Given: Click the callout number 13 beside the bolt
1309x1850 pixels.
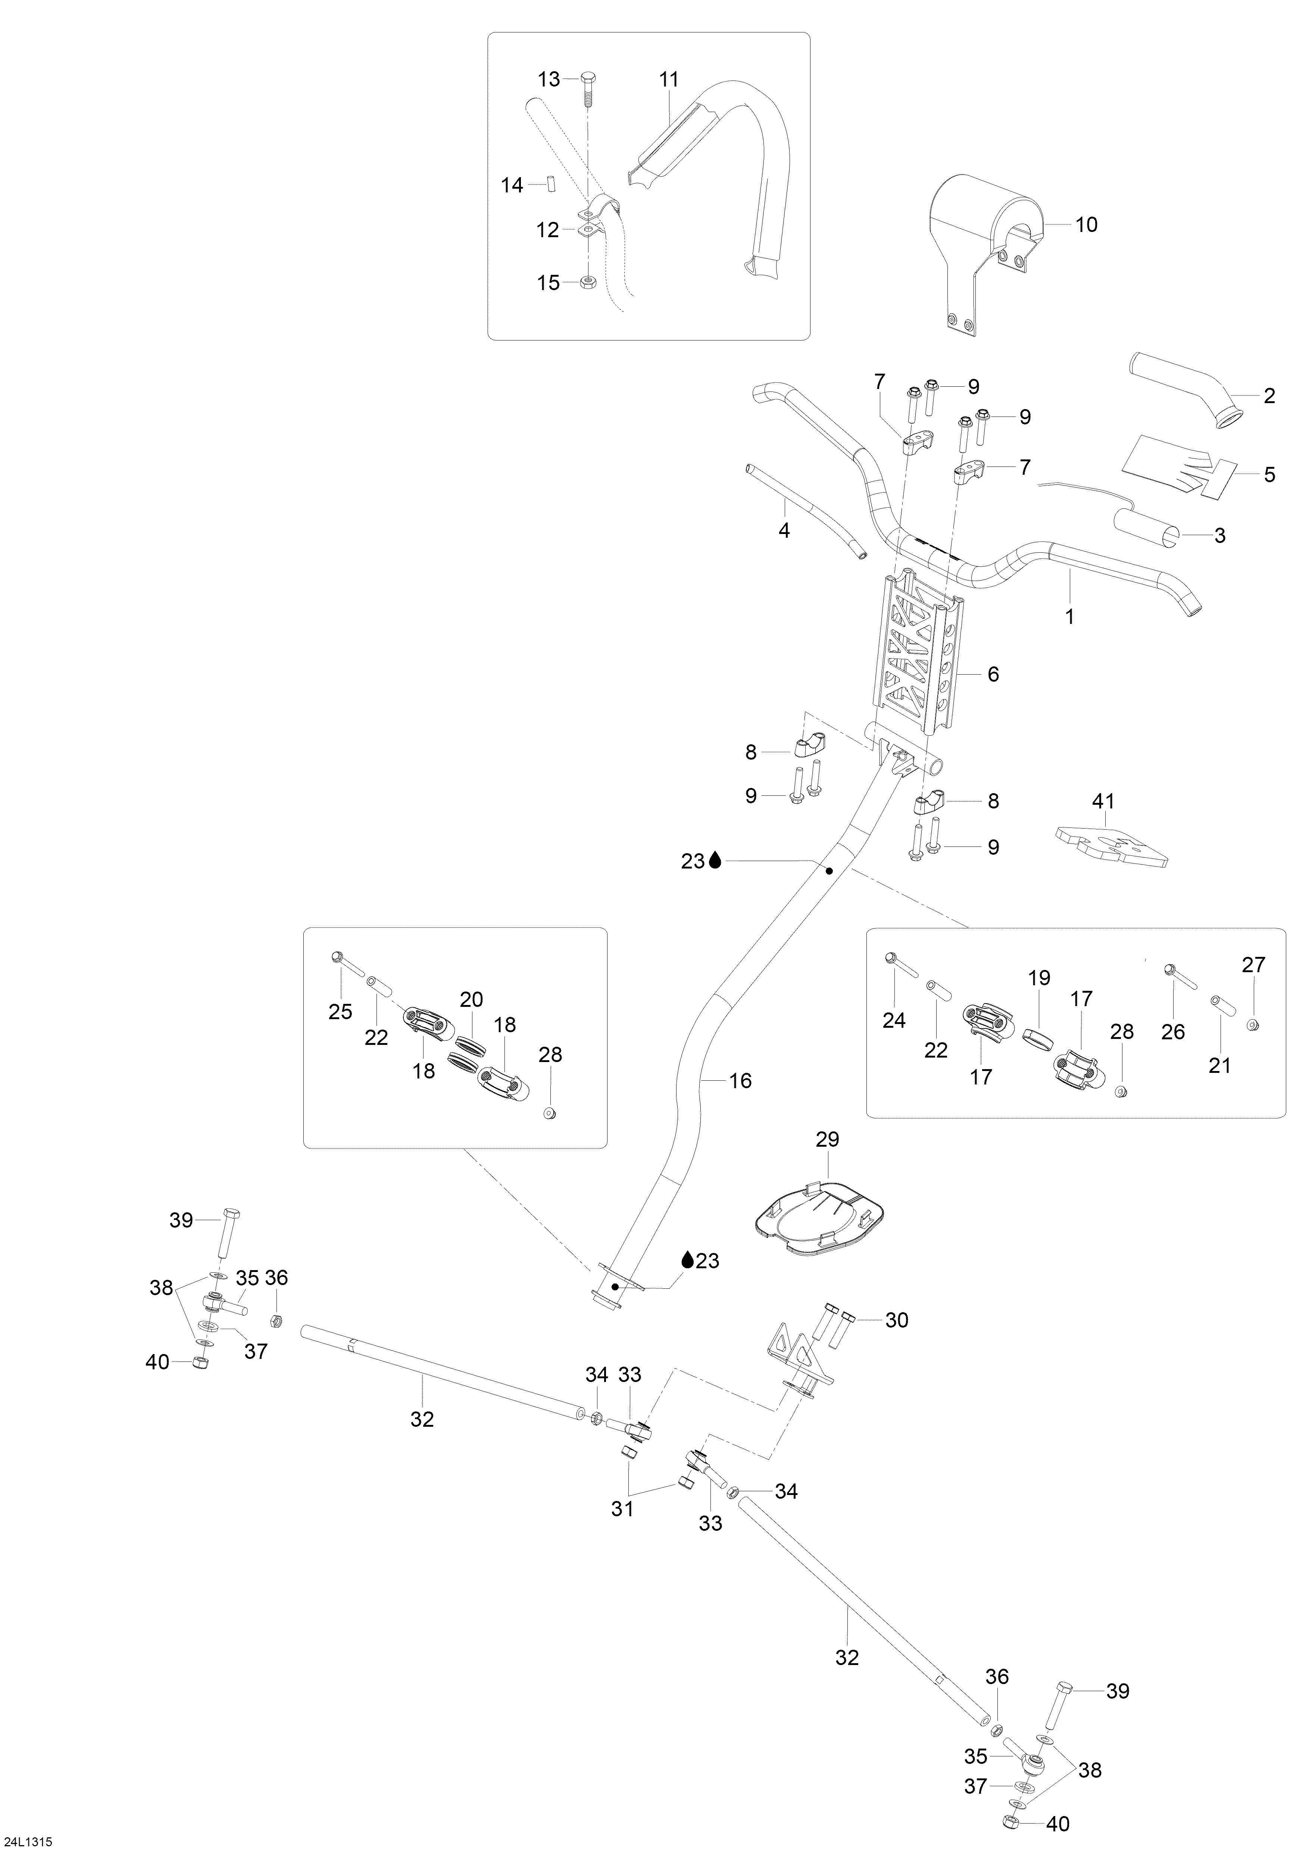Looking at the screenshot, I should (x=549, y=79).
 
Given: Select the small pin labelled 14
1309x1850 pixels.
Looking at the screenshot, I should (x=554, y=185).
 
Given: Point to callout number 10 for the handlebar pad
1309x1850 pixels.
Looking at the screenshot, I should (x=1087, y=225).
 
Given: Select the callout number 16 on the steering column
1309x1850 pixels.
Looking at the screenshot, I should (x=740, y=1081).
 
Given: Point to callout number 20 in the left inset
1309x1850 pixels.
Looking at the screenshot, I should (x=472, y=1000).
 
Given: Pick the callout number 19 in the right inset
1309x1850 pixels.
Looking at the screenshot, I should (x=1040, y=978).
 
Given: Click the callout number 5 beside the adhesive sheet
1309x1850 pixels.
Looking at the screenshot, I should (x=1269, y=475).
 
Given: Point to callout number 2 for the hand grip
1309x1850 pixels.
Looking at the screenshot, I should (x=1269, y=396).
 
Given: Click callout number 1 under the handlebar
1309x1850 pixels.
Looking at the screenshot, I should (x=1069, y=618).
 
